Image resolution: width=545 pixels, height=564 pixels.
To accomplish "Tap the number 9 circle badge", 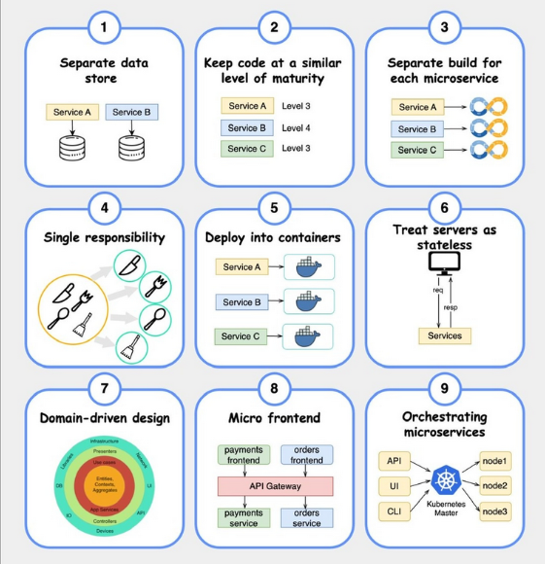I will click(444, 388).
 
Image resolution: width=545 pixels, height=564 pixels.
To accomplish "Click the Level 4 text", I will click(298, 126).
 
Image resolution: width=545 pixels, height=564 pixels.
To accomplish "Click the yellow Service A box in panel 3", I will click(418, 107).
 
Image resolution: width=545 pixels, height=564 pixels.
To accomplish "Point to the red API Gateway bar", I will click(273, 485).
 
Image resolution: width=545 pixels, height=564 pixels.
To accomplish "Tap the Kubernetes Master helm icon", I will click(444, 483).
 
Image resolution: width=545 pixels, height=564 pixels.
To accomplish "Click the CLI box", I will click(393, 511).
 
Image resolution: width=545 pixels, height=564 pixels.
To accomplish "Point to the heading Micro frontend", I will click(273, 418).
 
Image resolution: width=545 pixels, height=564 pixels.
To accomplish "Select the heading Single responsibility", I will click(103, 238).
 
